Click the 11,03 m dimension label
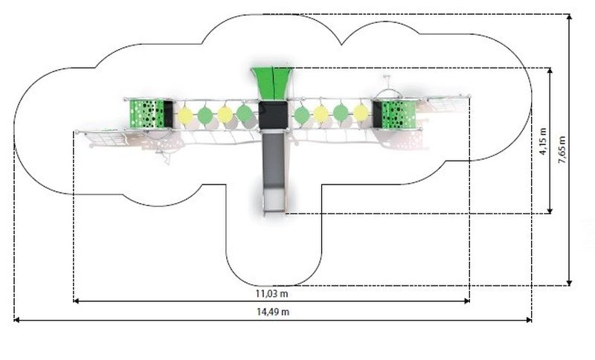click(271, 293)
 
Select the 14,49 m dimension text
click(273, 312)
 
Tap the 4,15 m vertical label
click(543, 141)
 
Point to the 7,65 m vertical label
click(562, 150)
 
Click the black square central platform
click(273, 115)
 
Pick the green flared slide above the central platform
click(272, 83)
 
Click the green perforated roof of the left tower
click(147, 114)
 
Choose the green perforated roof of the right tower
click(399, 115)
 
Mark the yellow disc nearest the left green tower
click(185, 115)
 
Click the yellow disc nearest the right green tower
click(361, 113)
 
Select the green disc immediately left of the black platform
click(245, 112)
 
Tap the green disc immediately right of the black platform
click(302, 115)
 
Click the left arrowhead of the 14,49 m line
click(16, 320)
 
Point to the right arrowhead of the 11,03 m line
click(467, 301)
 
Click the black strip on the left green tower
click(169, 114)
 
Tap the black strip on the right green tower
click(377, 115)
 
